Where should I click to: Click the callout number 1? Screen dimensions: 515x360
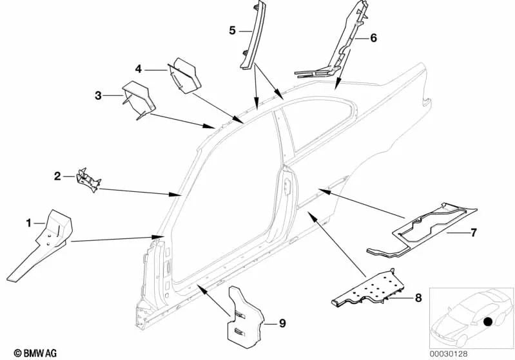[28, 223]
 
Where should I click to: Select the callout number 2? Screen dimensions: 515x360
[57, 176]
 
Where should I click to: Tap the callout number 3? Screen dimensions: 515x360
[98, 96]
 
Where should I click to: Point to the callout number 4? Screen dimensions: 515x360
[139, 70]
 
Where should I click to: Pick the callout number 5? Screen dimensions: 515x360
[232, 31]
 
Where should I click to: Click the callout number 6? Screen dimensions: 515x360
[373, 38]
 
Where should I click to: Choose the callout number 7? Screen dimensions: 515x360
[473, 232]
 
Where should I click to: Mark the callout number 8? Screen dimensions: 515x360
[418, 298]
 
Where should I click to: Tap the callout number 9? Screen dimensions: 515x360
[282, 323]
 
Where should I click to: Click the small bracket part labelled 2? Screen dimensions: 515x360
[88, 180]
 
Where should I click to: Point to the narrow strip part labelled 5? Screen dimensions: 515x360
[251, 36]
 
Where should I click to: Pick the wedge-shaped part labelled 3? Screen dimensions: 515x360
[138, 99]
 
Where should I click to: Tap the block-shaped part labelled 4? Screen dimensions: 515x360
[186, 75]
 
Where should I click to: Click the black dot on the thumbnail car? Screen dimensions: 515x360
[488, 322]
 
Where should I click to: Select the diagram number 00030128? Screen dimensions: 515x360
[449, 354]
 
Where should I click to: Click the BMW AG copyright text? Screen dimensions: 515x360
[35, 353]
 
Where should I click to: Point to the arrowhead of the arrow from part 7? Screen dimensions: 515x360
[324, 191]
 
